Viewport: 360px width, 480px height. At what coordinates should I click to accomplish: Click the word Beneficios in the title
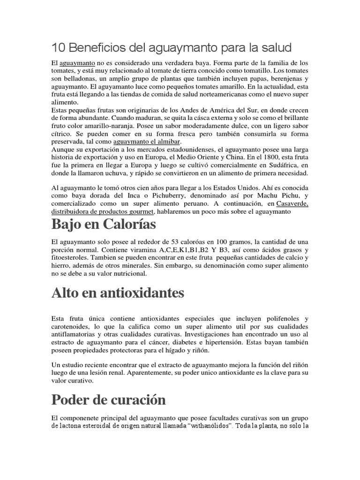96,48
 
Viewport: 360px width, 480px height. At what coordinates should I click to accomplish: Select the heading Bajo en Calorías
104,225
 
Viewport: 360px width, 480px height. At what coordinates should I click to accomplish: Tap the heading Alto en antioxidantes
118,293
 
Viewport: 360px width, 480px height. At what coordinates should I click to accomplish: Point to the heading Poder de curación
108,400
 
